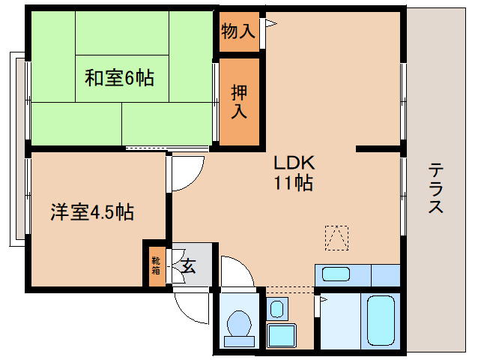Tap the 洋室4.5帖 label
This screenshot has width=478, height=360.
tap(92, 212)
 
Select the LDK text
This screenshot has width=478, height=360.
tap(293, 162)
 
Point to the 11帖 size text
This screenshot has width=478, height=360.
tap(293, 182)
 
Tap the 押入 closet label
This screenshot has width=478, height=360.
tap(239, 102)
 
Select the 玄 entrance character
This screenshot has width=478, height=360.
tap(188, 265)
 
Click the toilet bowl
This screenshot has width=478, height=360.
tap(239, 323)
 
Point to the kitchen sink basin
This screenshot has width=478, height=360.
tap(336, 274)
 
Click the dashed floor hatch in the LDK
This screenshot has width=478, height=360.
tap(336, 238)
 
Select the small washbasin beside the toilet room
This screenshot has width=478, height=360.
tap(277, 307)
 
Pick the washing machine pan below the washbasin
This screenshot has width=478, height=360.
tap(282, 334)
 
